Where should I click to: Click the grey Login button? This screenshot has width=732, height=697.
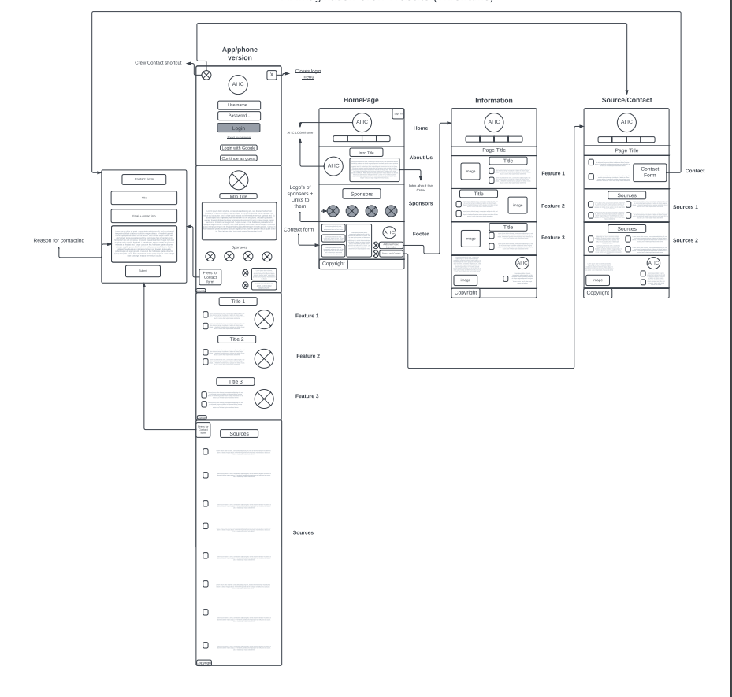pos(239,128)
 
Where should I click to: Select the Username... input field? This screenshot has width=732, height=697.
pos(239,105)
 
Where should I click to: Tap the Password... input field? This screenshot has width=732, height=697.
pos(239,116)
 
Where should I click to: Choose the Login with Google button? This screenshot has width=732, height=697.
pos(239,147)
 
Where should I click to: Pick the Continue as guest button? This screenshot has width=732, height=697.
pos(239,158)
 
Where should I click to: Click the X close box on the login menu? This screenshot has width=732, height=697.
pos(271,75)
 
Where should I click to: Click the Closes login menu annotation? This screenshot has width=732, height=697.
pos(308,73)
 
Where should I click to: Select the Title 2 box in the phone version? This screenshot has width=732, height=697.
pos(237,339)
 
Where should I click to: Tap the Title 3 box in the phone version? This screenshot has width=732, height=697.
pos(237,381)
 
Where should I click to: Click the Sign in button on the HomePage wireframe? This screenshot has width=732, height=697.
pos(398,114)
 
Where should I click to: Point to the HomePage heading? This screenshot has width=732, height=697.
pos(362,100)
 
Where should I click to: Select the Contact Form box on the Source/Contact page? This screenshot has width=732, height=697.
pos(650,172)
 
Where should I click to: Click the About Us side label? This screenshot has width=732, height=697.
pos(422,158)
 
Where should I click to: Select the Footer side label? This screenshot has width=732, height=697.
pos(421,233)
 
